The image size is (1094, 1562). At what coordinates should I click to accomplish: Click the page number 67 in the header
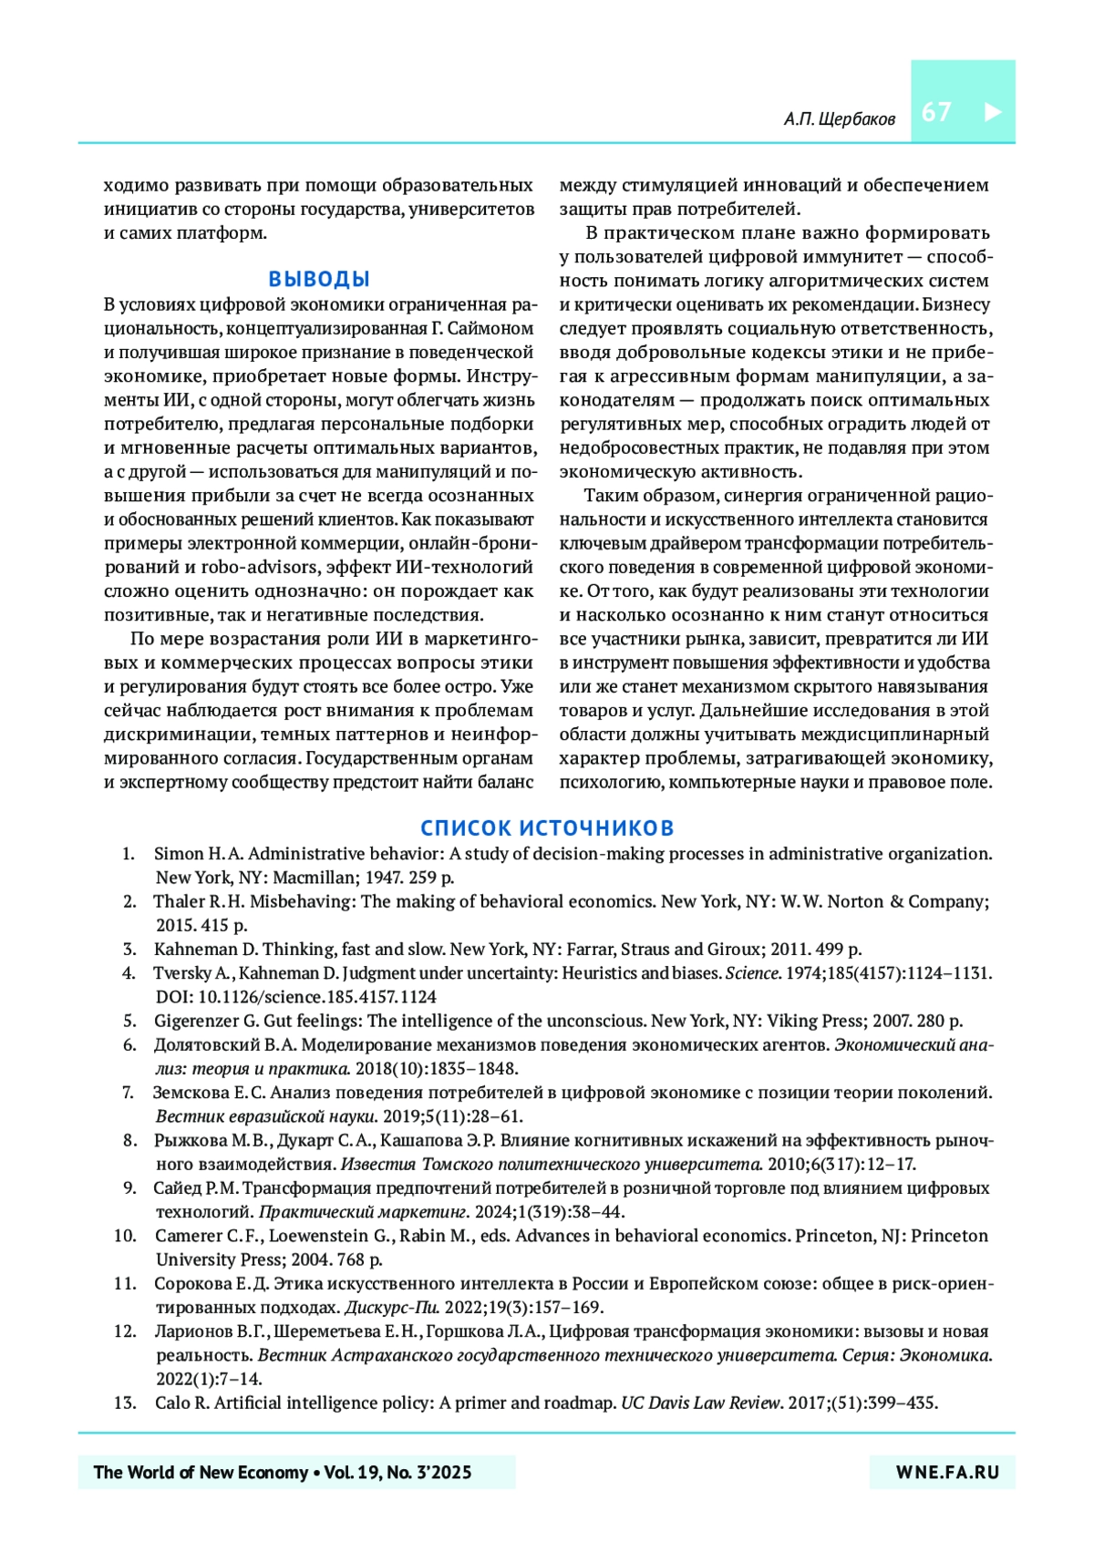(x=936, y=112)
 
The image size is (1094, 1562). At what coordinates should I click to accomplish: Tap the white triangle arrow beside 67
(x=993, y=112)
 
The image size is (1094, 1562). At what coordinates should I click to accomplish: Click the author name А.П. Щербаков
(x=839, y=119)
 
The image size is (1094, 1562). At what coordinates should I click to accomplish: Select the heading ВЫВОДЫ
(x=319, y=279)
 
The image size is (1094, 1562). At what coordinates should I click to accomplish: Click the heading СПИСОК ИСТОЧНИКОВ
(x=547, y=827)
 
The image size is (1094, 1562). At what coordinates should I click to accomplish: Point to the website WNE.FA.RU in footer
(x=947, y=1472)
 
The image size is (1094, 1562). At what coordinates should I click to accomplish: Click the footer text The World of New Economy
(x=201, y=1472)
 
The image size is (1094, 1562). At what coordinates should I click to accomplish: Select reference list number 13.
(x=126, y=1403)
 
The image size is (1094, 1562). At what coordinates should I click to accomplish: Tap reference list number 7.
(x=129, y=1092)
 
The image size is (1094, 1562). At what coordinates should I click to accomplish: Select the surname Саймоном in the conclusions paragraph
(x=490, y=328)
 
